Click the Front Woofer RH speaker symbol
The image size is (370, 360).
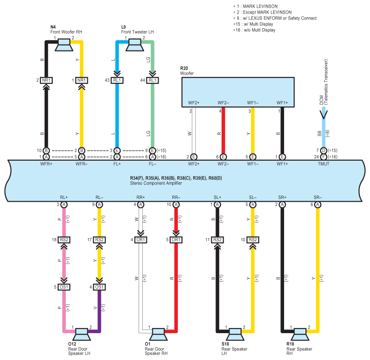pyautogui.click(x=64, y=44)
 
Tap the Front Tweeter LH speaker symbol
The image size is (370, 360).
pyautogui.click(x=135, y=44)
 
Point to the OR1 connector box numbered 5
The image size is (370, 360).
pyautogui.click(x=176, y=240)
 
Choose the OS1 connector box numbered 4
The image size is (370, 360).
pyautogui.click(x=100, y=287)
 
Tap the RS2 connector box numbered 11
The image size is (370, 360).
pyautogui.click(x=217, y=240)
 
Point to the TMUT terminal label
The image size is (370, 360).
pyautogui.click(x=324, y=163)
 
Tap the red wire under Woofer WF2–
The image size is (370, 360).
pyautogui.click(x=223, y=132)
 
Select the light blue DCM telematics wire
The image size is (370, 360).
pyautogui.click(x=324, y=132)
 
